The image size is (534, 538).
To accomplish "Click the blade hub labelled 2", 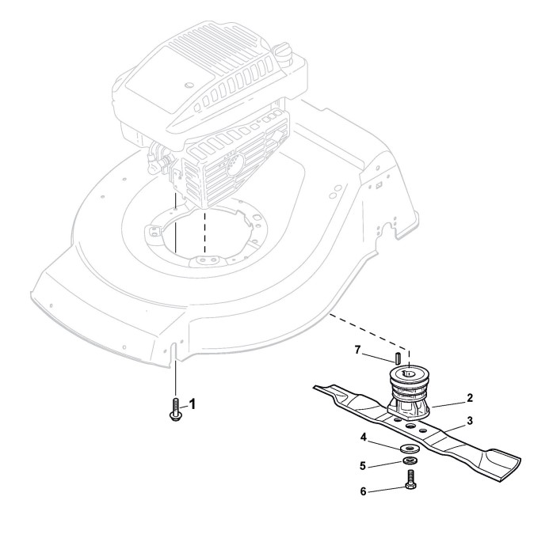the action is click(x=411, y=394).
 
